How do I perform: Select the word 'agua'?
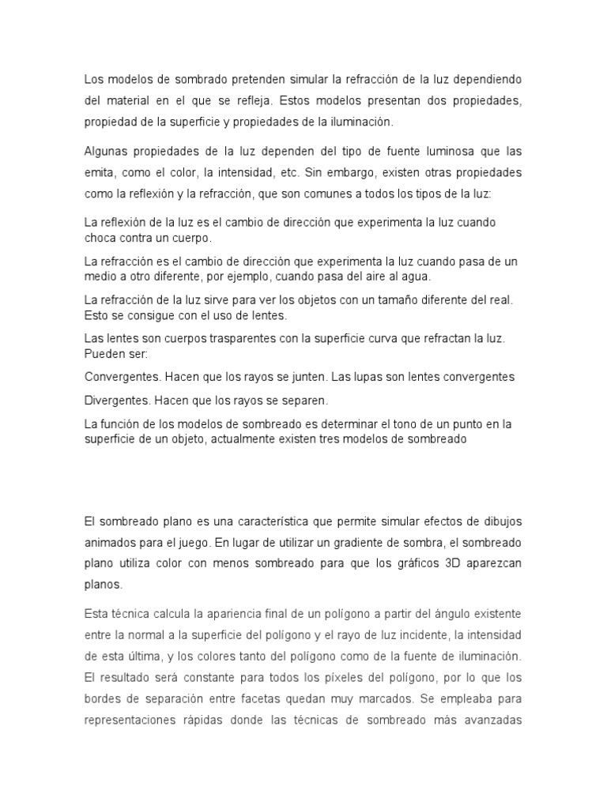point(416,277)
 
